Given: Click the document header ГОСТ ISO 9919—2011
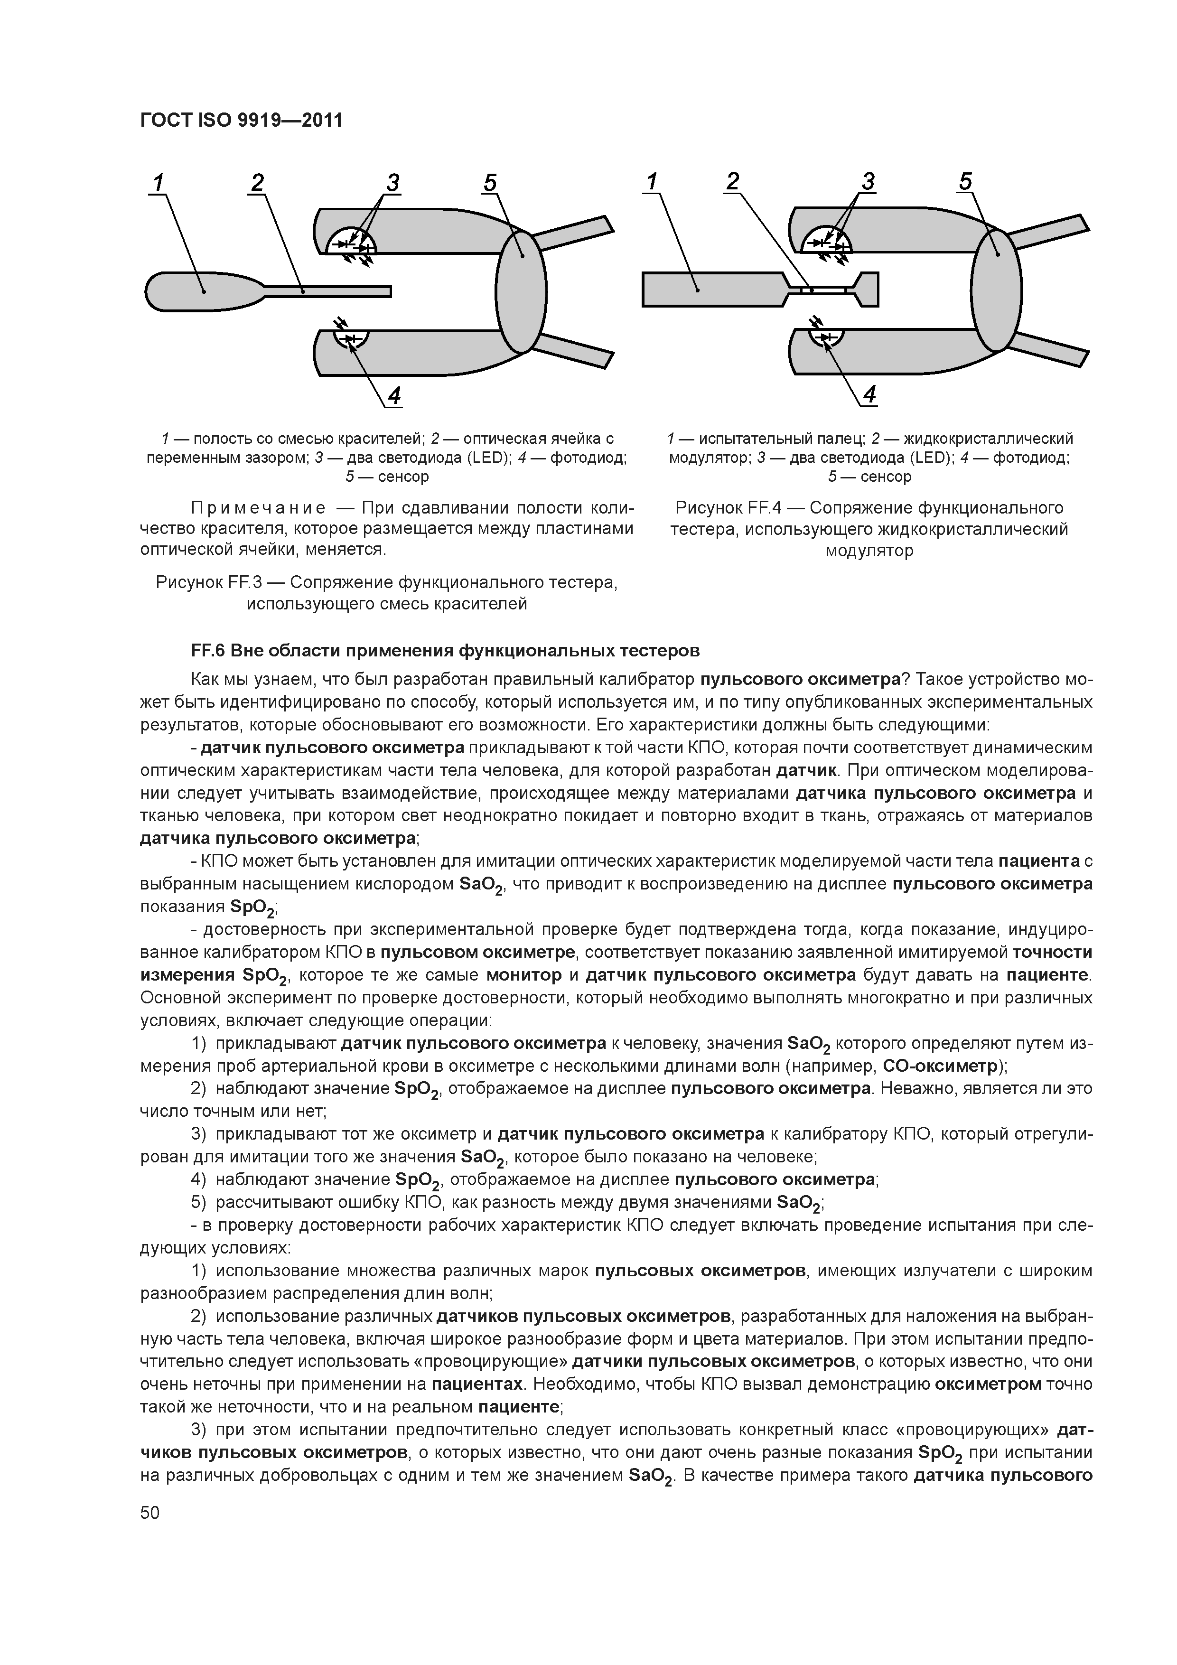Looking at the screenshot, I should click(x=240, y=120).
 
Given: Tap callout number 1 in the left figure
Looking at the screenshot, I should click(x=158, y=183).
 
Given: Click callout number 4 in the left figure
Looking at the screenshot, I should click(x=394, y=396).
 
